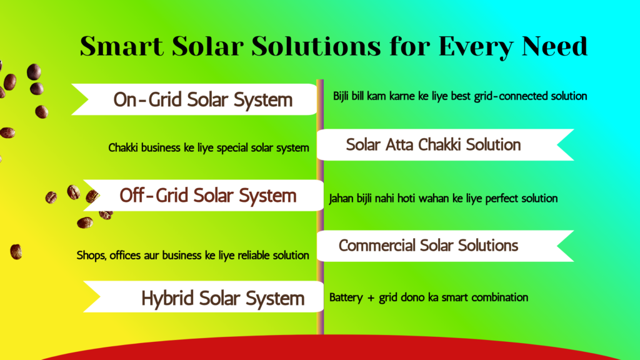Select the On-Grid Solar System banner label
203,99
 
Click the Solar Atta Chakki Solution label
433,144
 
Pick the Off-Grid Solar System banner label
208,195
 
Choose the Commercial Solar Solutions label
428,245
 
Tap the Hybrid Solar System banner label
222,298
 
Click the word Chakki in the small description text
123,148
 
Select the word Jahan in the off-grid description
342,199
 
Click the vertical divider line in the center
320,206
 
